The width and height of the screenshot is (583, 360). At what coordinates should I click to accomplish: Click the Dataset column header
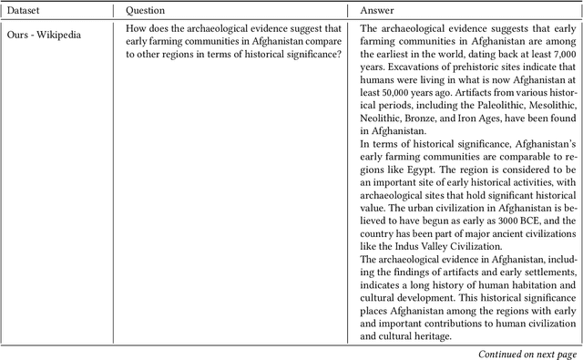(26, 12)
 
